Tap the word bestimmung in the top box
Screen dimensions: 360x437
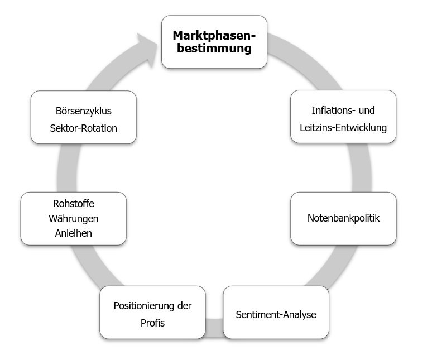click(214, 49)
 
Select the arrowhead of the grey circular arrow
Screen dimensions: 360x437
click(148, 45)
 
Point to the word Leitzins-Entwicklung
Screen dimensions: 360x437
click(343, 128)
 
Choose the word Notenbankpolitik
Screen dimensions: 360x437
click(343, 218)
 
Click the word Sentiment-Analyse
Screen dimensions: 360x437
click(276, 314)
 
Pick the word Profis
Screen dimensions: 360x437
click(152, 323)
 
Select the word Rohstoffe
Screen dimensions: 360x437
click(73, 203)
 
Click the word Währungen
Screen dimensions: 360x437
click(73, 218)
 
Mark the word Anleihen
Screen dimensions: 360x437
click(73, 233)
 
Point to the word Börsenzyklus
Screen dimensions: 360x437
click(84, 111)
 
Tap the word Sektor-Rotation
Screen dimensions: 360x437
click(84, 128)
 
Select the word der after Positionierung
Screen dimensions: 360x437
click(184, 306)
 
